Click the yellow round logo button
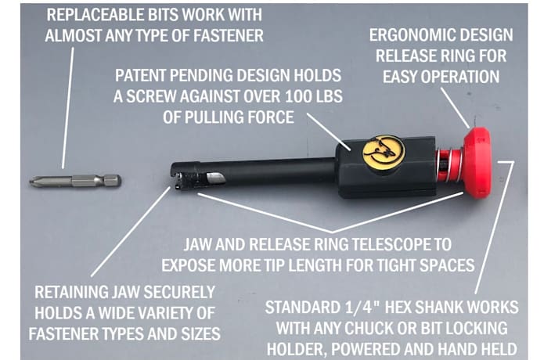pyautogui.click(x=384, y=151)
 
